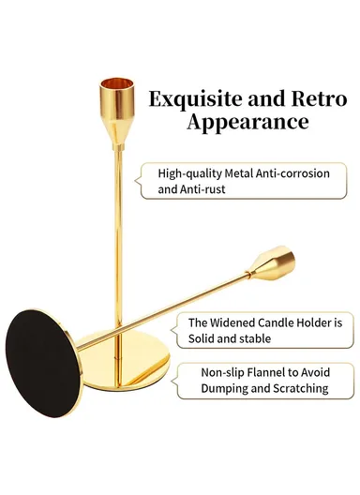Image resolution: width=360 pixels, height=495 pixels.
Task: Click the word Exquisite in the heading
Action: tap(181, 98)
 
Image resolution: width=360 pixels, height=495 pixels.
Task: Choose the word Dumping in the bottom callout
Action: tap(225, 387)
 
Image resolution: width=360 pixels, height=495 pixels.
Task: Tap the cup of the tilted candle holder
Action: tap(281, 262)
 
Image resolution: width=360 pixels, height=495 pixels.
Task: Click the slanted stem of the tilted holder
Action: tap(169, 306)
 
